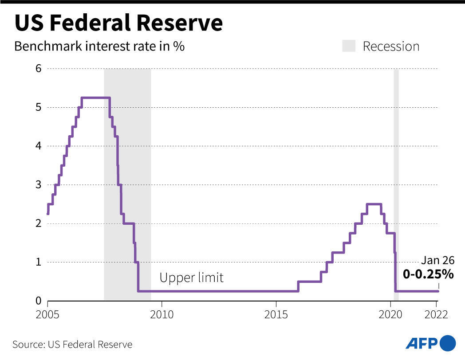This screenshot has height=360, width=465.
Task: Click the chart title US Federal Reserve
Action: click(118, 23)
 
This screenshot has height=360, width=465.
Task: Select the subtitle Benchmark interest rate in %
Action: click(99, 47)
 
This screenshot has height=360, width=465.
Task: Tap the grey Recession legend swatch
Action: click(349, 46)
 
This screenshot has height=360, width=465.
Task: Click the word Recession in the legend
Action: click(391, 47)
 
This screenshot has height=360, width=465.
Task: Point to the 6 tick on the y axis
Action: click(38, 69)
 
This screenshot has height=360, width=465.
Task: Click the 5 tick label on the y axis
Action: click(38, 107)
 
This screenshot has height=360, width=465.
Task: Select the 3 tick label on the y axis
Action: click(38, 185)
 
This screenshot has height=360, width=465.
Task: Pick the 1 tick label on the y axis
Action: click(38, 262)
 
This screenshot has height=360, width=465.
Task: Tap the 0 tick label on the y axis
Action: click(38, 301)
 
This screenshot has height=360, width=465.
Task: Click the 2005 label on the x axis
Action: click(47, 315)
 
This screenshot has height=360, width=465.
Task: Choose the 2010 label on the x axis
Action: click(162, 315)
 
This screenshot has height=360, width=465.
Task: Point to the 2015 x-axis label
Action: click(276, 315)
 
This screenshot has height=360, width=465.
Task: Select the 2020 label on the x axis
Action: click(390, 315)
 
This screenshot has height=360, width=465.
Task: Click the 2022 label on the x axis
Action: click(436, 315)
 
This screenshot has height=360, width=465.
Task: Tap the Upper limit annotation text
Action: click(191, 278)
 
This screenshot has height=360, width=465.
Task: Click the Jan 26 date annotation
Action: click(437, 260)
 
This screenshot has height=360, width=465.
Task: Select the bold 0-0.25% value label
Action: click(428, 274)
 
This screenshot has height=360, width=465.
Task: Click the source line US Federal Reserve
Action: click(72, 344)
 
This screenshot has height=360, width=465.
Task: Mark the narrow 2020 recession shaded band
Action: click(396, 177)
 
